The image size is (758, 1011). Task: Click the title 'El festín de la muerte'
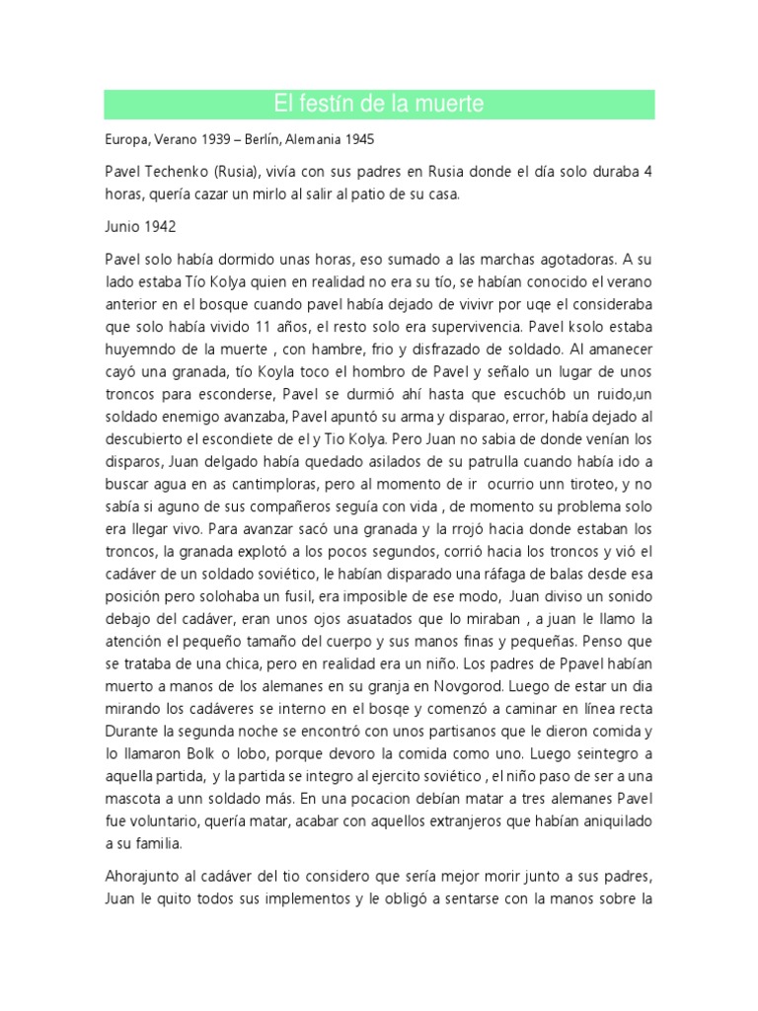point(379,104)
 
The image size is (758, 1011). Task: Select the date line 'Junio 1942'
point(140,226)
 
